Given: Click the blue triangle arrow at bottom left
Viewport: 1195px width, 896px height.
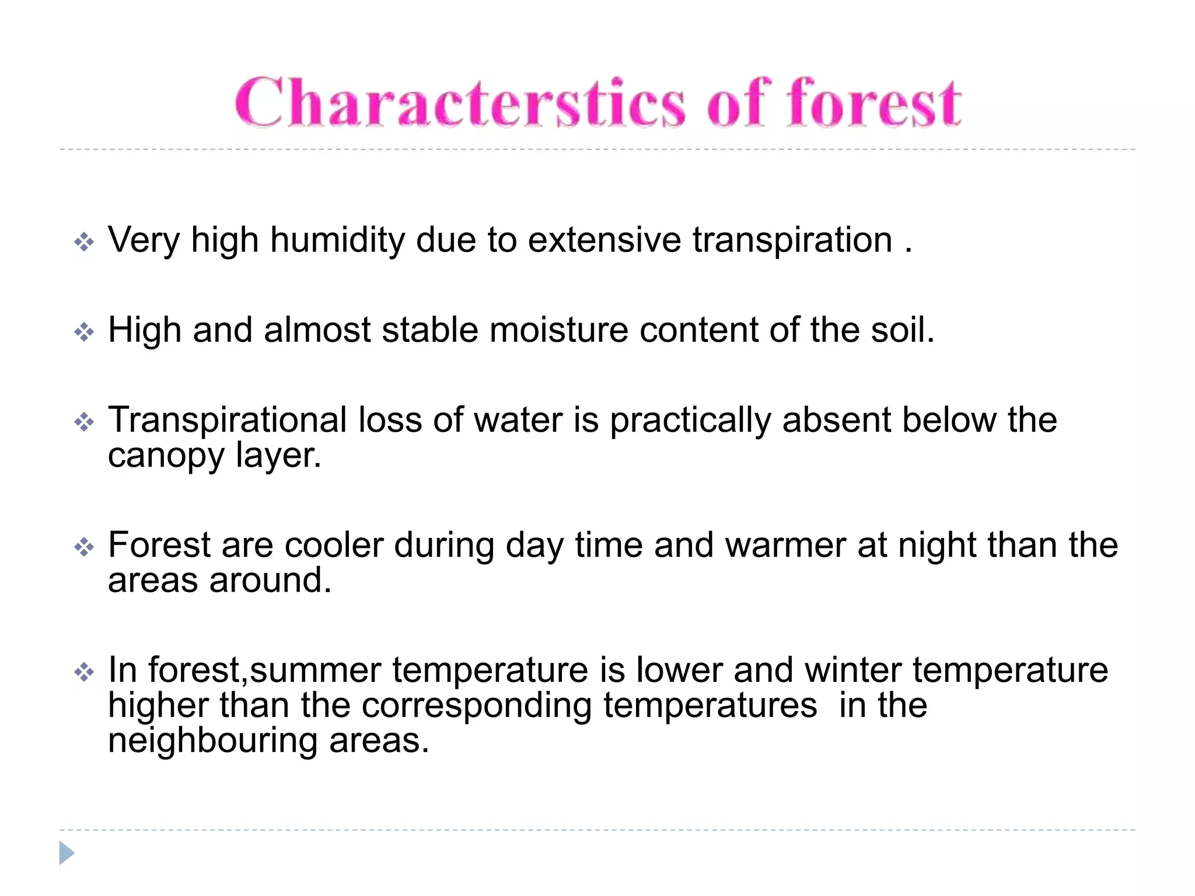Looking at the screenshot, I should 67,853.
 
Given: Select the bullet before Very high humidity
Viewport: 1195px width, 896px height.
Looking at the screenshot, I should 84,242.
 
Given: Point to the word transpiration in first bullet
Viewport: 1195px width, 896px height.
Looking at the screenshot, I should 792,240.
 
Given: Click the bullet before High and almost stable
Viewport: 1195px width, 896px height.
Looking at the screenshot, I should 84,332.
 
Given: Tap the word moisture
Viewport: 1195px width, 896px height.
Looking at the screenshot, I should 558,330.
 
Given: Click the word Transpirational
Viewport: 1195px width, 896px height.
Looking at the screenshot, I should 228,421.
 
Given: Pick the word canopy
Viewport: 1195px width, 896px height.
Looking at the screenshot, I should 166,457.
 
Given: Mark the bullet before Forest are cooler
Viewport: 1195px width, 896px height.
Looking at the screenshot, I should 84,547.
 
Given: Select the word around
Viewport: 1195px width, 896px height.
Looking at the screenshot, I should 270,581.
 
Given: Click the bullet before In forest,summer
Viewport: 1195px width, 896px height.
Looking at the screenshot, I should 84,672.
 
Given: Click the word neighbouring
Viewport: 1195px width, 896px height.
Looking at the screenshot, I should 212,741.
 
